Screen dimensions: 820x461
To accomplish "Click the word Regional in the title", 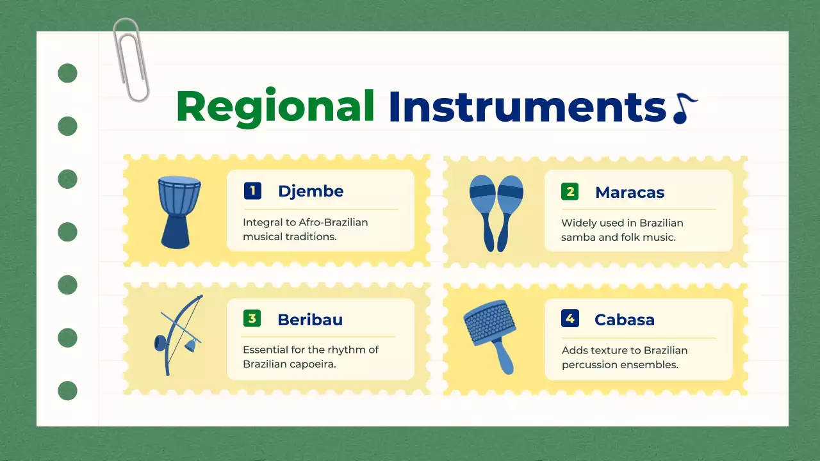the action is click(x=275, y=107).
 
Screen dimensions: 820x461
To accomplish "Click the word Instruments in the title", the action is click(x=527, y=107).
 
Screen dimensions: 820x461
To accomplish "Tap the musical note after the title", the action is click(x=685, y=109).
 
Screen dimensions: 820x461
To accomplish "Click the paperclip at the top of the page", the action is click(x=131, y=60).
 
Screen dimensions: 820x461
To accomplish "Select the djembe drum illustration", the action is click(x=179, y=212).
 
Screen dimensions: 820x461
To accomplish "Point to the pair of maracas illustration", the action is click(x=496, y=213).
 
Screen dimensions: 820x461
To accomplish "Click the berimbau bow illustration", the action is click(x=178, y=335).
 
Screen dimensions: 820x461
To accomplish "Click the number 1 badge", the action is click(x=252, y=191).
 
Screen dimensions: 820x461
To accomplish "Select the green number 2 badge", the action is click(x=570, y=191).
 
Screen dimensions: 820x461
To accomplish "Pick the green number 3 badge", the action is click(x=252, y=318).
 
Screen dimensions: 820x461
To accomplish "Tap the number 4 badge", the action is click(x=570, y=318).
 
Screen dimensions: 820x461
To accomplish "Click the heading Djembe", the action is click(x=311, y=191).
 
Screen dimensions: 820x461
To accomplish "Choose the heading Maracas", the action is click(x=630, y=193).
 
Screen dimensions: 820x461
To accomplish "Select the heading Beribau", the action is click(x=310, y=319).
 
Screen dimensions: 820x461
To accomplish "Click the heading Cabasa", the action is click(x=625, y=319).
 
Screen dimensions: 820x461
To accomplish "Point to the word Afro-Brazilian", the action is click(x=334, y=222).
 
